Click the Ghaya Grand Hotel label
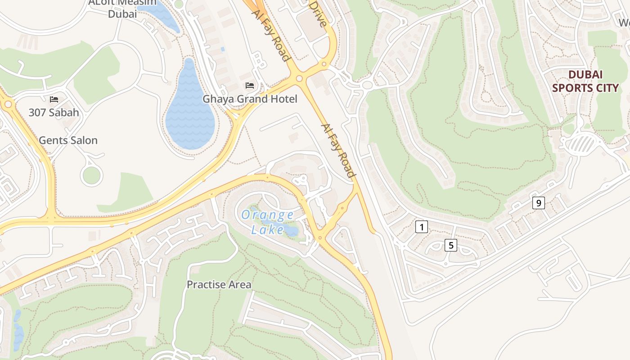(x=250, y=99)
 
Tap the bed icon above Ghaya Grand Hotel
(x=250, y=85)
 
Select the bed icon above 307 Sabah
(x=54, y=99)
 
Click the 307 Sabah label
(x=54, y=112)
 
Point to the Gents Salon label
(x=68, y=140)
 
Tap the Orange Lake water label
(x=267, y=222)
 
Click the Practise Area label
(x=219, y=284)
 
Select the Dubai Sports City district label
(x=585, y=81)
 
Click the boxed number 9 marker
(x=538, y=203)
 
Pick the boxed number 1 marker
(x=421, y=227)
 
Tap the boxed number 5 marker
(x=450, y=245)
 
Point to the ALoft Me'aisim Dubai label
(x=122, y=8)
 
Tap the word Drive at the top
(x=317, y=13)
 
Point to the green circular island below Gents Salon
(x=91, y=175)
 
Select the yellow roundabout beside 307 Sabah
(x=8, y=104)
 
